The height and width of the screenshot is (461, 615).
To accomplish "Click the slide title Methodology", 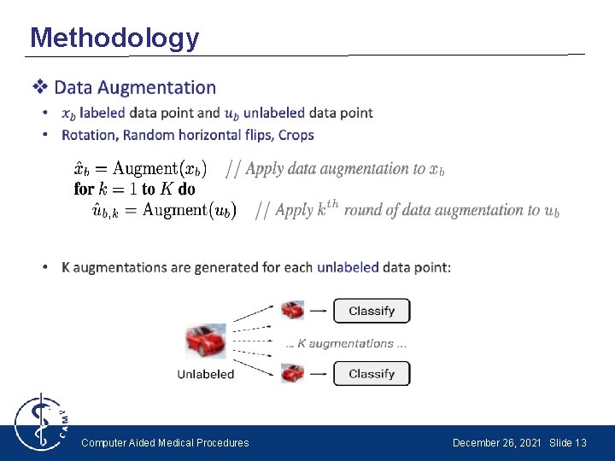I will pos(114,38).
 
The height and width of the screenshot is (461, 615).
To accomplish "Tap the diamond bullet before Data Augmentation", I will pos(39,87).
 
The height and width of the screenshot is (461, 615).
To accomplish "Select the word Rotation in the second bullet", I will pos(89,135).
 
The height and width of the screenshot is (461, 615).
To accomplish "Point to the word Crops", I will pos(296,135).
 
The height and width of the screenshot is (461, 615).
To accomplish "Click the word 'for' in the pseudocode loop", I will pos(84,189).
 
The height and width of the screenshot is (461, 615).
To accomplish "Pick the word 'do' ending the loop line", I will pos(186,189).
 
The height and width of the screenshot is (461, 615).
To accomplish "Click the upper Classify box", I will pos(372,311).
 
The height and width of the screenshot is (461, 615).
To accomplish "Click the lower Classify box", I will pos(372,373).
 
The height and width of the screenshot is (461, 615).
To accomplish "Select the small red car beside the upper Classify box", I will pos(293,310).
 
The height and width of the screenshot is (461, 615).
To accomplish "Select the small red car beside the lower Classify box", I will pos(293,373).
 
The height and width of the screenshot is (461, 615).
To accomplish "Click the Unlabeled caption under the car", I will pos(206,374).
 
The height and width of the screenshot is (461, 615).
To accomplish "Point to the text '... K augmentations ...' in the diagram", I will pos(346,343).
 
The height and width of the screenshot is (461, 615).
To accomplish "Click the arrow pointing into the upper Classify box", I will pos(318,312).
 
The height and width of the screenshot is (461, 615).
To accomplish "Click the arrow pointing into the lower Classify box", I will pos(318,374).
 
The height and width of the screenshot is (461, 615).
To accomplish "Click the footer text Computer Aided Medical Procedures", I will pos(165,443).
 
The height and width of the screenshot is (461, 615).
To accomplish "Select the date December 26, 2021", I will pos(496,443).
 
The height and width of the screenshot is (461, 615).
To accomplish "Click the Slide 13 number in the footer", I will pos(568,443).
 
